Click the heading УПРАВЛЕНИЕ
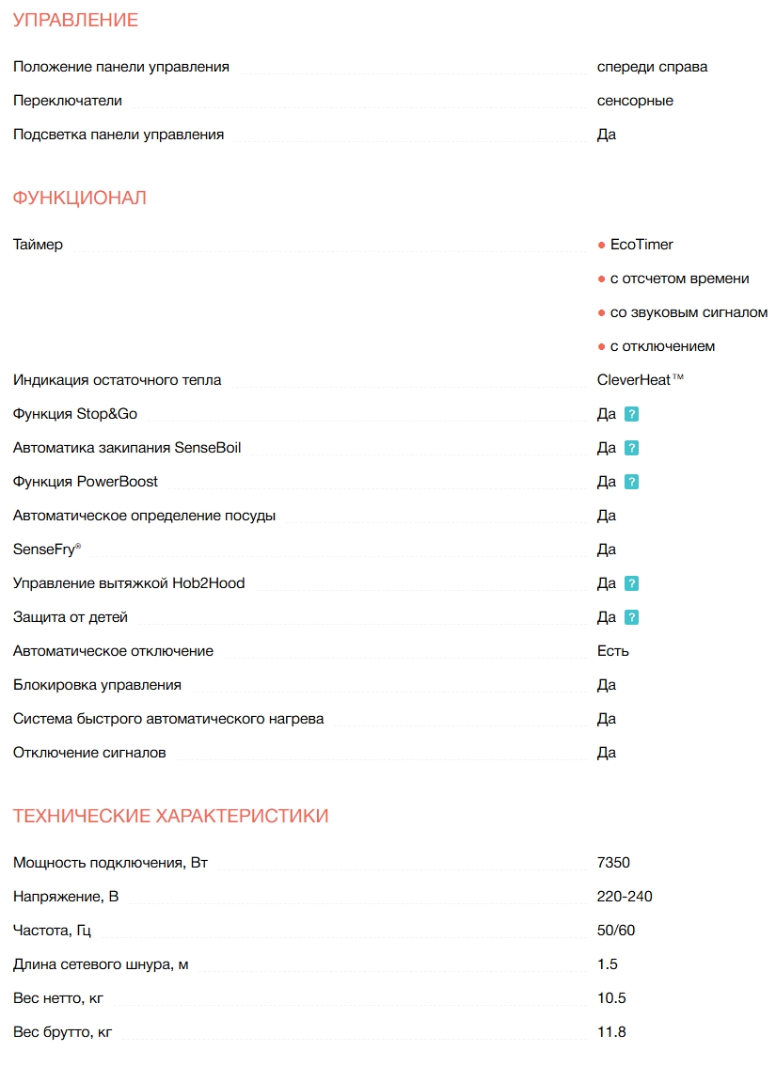[75, 20]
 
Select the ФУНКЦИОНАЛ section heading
[80, 198]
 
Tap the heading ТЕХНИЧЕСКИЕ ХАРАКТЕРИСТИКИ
[171, 816]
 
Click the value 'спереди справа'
[652, 67]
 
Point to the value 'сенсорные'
[635, 101]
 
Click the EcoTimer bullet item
[641, 245]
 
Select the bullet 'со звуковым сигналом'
[689, 312]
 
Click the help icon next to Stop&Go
[632, 414]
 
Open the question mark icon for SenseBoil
[632, 448]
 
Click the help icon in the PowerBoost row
[632, 482]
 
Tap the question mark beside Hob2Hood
[632, 583]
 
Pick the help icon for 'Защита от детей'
[632, 617]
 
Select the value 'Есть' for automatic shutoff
[613, 651]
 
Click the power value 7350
[613, 863]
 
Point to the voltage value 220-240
[625, 897]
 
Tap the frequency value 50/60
[616, 931]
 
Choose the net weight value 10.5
[611, 998]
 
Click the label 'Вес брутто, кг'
[63, 1032]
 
